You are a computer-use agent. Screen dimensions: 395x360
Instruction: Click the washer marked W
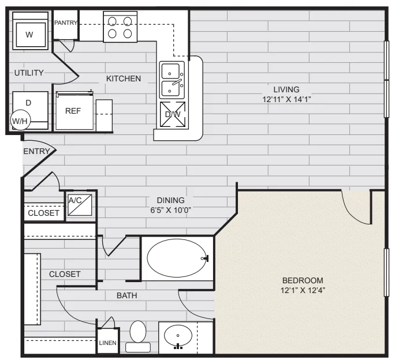click(30, 31)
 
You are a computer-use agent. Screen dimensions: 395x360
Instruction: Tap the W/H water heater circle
click(20, 121)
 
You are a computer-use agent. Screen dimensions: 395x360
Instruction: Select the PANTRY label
click(65, 22)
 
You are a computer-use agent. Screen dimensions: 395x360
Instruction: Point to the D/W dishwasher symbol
click(173, 114)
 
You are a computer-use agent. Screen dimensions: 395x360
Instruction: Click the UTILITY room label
click(29, 73)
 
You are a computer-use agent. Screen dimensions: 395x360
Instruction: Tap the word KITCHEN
click(124, 78)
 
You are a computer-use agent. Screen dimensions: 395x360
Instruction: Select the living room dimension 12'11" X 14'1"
click(286, 99)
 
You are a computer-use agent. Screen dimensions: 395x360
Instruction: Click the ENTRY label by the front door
click(36, 151)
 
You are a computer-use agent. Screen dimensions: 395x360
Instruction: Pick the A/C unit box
click(80, 205)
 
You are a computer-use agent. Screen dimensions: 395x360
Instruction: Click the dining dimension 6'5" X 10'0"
click(170, 210)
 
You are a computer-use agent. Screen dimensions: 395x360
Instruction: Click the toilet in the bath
click(138, 336)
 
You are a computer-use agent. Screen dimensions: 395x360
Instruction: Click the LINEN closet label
click(108, 343)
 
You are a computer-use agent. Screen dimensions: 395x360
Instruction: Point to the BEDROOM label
click(303, 280)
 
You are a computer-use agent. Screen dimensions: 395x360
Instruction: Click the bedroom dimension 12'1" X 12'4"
click(303, 290)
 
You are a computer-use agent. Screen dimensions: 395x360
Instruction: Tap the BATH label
click(127, 295)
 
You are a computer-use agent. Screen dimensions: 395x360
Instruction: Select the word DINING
click(170, 200)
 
